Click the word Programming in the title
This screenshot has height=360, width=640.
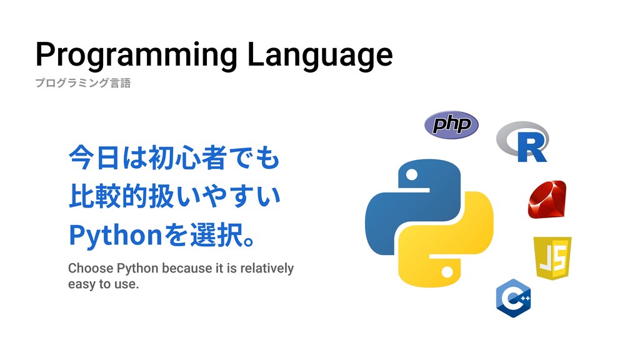[136, 55]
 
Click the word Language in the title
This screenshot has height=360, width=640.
[320, 55]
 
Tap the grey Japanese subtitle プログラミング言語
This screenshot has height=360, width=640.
[83, 83]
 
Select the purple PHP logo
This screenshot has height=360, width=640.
[451, 124]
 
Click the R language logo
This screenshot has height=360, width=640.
[523, 141]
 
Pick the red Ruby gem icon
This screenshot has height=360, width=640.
[547, 199]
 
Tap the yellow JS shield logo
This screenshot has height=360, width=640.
[552, 258]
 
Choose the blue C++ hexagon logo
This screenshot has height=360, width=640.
[514, 298]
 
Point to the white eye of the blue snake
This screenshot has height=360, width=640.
[412, 175]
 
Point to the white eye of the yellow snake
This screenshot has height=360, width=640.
[447, 272]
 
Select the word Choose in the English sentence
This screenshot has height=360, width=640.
[91, 268]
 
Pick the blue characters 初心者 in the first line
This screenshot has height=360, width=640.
[187, 157]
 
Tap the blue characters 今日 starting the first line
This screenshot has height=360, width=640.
[94, 157]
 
